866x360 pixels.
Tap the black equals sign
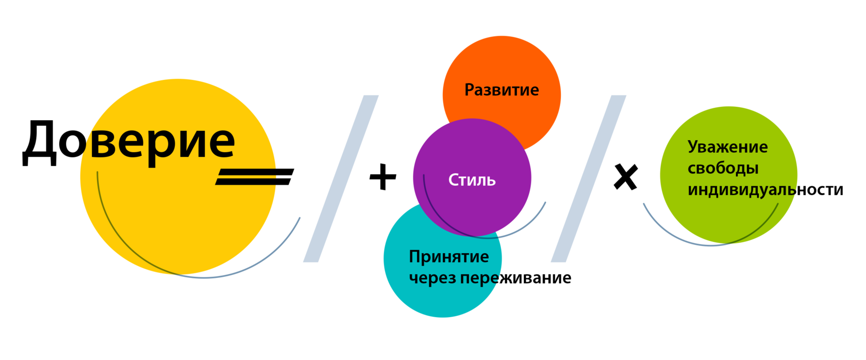(x=254, y=176)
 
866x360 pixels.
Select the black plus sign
(x=383, y=177)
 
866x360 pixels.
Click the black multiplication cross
(x=626, y=177)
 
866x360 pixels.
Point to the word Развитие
(x=502, y=90)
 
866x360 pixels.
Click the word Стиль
(x=472, y=180)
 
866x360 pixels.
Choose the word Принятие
(x=448, y=256)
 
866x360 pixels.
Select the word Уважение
(x=727, y=147)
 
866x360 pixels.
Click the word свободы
(x=723, y=168)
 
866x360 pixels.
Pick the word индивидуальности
(x=765, y=190)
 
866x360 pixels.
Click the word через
(x=432, y=278)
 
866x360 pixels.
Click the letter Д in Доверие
(x=39, y=142)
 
